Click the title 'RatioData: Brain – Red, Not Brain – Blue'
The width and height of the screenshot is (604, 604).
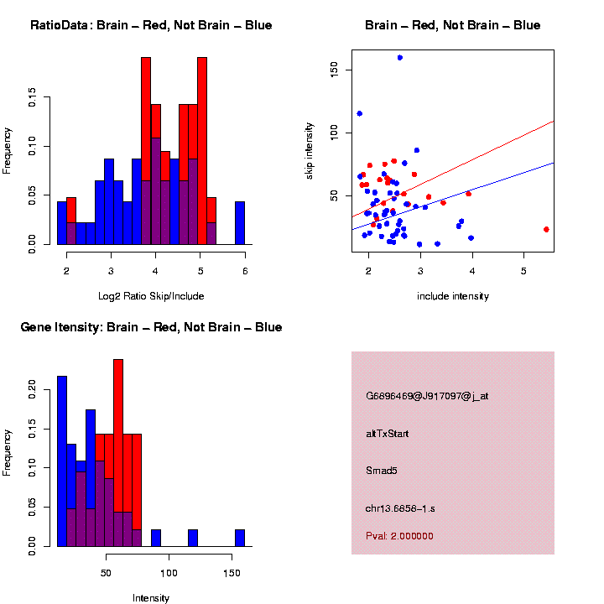pos(151,25)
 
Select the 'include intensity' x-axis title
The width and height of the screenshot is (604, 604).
pos(453,296)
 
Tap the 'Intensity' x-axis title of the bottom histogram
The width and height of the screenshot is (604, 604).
pos(151,598)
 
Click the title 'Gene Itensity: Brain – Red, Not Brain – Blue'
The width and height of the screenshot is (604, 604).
pos(151,327)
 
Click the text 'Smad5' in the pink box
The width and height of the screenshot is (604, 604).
pos(382,471)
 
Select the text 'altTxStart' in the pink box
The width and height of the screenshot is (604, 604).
pos(388,434)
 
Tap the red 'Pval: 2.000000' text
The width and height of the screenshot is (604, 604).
pos(399,536)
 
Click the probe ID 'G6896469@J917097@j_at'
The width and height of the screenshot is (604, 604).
pos(427,396)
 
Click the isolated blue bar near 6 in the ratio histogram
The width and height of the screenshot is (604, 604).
pos(240,223)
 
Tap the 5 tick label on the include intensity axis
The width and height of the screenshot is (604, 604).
pos(523,272)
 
